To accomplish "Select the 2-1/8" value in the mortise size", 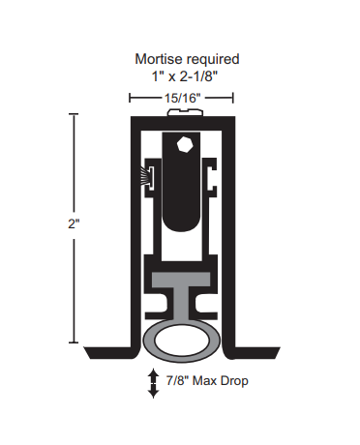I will pos(197,75).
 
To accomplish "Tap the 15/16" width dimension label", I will pos(181,97).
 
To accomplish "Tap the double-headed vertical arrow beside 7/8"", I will pos(153,383).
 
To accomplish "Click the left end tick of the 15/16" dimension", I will pos(131,97).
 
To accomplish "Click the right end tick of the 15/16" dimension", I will pos(233,97).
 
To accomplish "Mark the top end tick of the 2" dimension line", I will pos(75,114).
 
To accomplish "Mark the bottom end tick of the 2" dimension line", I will pos(75,343).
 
